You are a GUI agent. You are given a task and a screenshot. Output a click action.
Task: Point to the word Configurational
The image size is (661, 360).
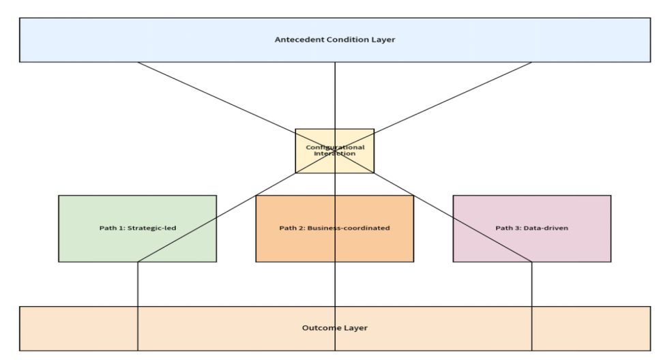click(x=335, y=147)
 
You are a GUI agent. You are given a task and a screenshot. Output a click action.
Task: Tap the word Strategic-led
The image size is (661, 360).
click(x=153, y=228)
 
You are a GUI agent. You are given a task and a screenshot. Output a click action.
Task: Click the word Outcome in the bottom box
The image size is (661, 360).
click(x=319, y=328)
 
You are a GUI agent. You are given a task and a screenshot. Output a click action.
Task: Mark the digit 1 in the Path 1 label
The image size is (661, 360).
click(x=123, y=228)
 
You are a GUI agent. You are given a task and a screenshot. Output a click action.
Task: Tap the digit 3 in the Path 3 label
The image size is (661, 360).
click(x=518, y=228)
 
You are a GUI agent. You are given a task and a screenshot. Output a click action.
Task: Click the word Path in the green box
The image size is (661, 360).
click(x=108, y=228)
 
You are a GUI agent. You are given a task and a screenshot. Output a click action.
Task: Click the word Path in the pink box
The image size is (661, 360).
click(x=504, y=228)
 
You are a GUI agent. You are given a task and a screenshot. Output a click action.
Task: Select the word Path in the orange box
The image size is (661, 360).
click(x=289, y=228)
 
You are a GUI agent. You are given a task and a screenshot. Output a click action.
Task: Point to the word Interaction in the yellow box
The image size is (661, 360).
click(x=335, y=153)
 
